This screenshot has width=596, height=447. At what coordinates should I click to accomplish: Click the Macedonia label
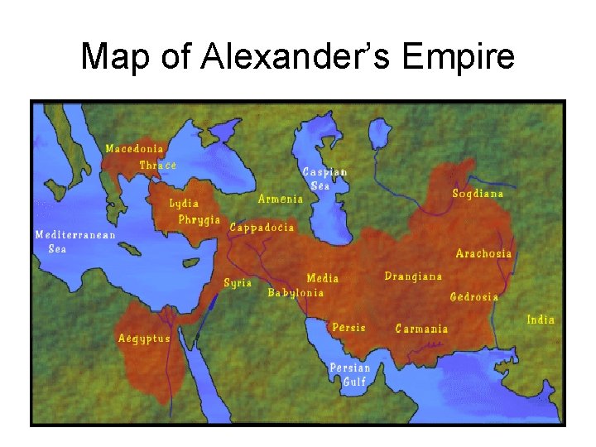pos(134,149)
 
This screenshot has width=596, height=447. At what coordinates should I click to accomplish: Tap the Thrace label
pos(157,166)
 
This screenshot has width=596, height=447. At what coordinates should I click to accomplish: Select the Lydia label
pos(183,203)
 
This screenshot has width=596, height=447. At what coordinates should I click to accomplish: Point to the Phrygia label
pos(199,219)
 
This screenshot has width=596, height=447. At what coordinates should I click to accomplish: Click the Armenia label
pos(281,199)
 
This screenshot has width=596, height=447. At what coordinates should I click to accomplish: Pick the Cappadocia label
pos(262,228)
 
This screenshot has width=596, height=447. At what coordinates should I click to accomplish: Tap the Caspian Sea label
pos(324,179)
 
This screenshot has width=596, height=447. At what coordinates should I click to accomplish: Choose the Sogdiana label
pos(478,194)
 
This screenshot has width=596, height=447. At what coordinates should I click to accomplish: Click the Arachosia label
pos(483,253)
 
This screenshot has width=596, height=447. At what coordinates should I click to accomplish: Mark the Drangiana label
pos(413,276)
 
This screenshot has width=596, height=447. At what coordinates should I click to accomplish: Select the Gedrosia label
pos(473,296)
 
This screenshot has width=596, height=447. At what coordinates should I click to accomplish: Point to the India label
pos(541,320)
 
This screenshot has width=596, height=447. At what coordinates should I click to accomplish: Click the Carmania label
pos(421,329)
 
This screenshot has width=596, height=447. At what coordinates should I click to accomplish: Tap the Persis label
pos(348,328)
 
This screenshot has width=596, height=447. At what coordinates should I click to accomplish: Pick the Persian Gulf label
pos(350,374)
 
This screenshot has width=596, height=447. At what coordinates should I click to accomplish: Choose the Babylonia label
pos(296,293)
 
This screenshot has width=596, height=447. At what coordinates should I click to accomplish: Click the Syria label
pos(238,283)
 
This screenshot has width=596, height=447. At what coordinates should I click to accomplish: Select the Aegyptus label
pos(144,338)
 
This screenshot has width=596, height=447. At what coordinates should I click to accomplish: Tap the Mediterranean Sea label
pos(75,242)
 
